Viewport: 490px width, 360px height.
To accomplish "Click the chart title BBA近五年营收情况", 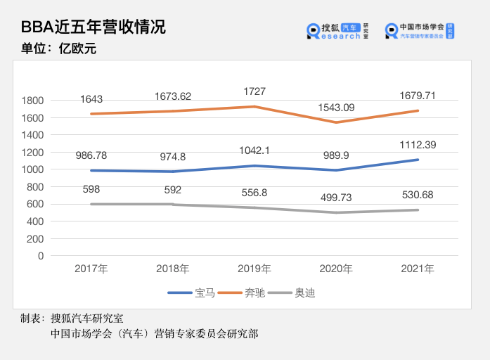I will click(x=94, y=27).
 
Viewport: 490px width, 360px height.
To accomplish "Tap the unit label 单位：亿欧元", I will click(x=58, y=49).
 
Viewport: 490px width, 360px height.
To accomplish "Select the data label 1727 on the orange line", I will click(x=254, y=92).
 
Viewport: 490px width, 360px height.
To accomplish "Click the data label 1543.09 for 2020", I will click(x=337, y=108).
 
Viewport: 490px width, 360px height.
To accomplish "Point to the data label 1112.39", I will click(x=419, y=144).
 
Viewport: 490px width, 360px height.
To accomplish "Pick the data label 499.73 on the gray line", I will click(x=337, y=199).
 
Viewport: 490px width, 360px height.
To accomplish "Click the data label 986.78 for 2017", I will click(x=91, y=155).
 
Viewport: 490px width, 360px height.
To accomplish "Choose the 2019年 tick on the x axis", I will click(x=254, y=269).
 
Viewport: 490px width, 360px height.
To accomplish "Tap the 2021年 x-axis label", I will click(x=419, y=269).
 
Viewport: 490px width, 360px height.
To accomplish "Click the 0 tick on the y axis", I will click(x=41, y=256).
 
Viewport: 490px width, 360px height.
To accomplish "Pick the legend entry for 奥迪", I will click(x=294, y=292).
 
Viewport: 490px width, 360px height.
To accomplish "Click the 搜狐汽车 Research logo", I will click(x=338, y=30).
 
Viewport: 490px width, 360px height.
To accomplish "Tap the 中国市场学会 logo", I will click(x=420, y=30).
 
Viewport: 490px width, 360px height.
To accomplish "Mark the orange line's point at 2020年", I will click(x=337, y=122).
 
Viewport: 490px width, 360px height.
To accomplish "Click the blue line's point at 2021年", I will click(x=419, y=160).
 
